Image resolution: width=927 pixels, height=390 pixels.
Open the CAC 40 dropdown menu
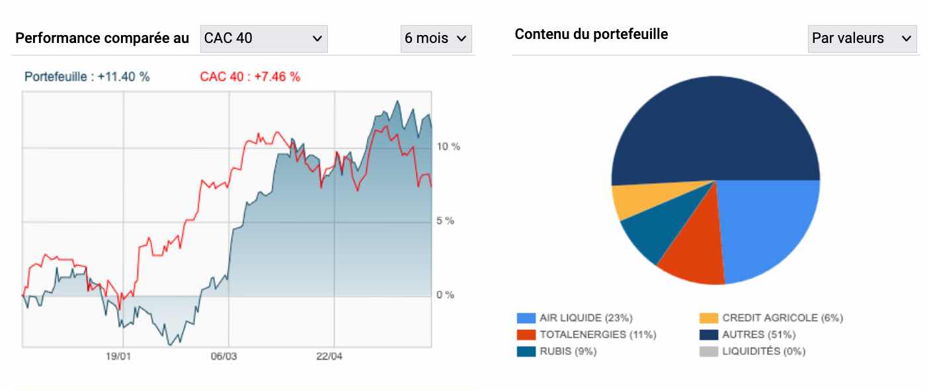(264, 38)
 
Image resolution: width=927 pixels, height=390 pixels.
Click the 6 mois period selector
(436, 38)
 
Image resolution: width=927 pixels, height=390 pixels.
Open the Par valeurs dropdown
(862, 38)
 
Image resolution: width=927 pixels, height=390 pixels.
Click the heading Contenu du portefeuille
(591, 34)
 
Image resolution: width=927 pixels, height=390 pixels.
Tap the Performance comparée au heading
(102, 38)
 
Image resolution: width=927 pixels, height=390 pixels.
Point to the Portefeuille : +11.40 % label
(87, 77)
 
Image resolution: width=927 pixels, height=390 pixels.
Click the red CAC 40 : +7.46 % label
(250, 77)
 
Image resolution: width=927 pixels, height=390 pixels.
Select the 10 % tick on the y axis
(448, 146)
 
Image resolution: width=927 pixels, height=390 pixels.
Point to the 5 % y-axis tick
(445, 221)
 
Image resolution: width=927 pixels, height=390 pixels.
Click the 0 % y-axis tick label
(445, 295)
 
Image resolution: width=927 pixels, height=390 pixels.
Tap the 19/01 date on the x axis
(119, 357)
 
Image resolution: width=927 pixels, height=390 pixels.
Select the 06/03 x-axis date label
(224, 357)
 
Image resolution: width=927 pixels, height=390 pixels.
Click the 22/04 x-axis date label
(329, 357)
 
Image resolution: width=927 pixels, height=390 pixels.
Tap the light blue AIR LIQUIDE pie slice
(767, 225)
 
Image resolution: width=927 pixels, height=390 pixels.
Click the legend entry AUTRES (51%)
(758, 334)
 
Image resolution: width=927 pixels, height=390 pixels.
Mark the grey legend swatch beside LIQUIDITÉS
(708, 352)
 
